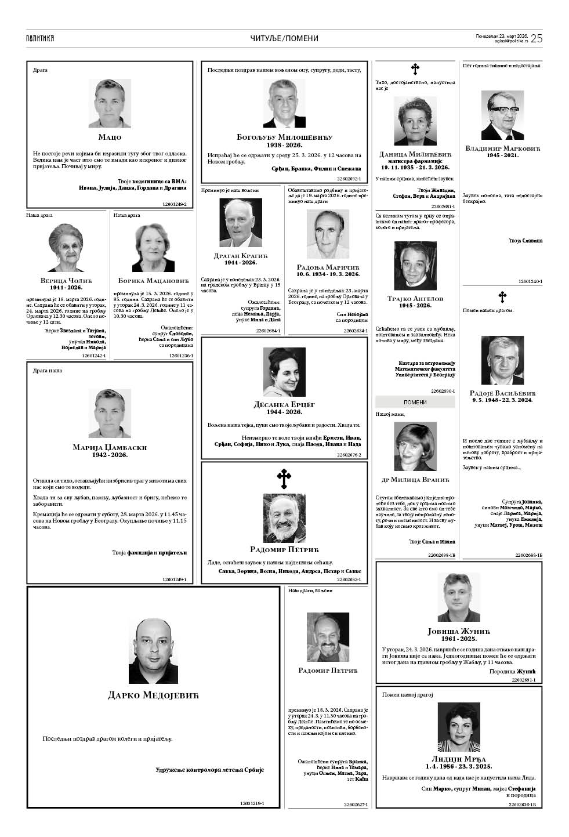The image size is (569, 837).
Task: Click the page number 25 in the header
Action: click(536, 38)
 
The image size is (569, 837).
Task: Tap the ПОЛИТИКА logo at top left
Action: click(39, 38)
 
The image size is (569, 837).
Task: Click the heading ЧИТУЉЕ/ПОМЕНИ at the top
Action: click(284, 38)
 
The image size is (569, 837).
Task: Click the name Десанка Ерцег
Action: click(284, 404)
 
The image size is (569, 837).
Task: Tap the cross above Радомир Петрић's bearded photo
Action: click(284, 479)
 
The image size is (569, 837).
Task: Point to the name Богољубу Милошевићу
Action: click(284, 137)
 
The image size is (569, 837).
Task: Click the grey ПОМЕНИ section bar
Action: click(415, 402)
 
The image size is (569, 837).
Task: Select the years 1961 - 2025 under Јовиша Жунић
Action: click(459, 638)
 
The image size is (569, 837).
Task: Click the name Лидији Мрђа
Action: click(459, 759)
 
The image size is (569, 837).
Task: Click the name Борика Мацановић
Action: click(153, 280)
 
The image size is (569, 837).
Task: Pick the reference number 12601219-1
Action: click(252, 803)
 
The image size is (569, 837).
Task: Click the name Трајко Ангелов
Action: click(415, 299)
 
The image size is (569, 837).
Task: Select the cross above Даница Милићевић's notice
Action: click(415, 70)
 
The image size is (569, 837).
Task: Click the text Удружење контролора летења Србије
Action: click(209, 770)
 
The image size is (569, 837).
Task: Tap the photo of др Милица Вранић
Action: click(415, 446)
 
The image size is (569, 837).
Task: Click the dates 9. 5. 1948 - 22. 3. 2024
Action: click(502, 400)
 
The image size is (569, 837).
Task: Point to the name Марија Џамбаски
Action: click(110, 447)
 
